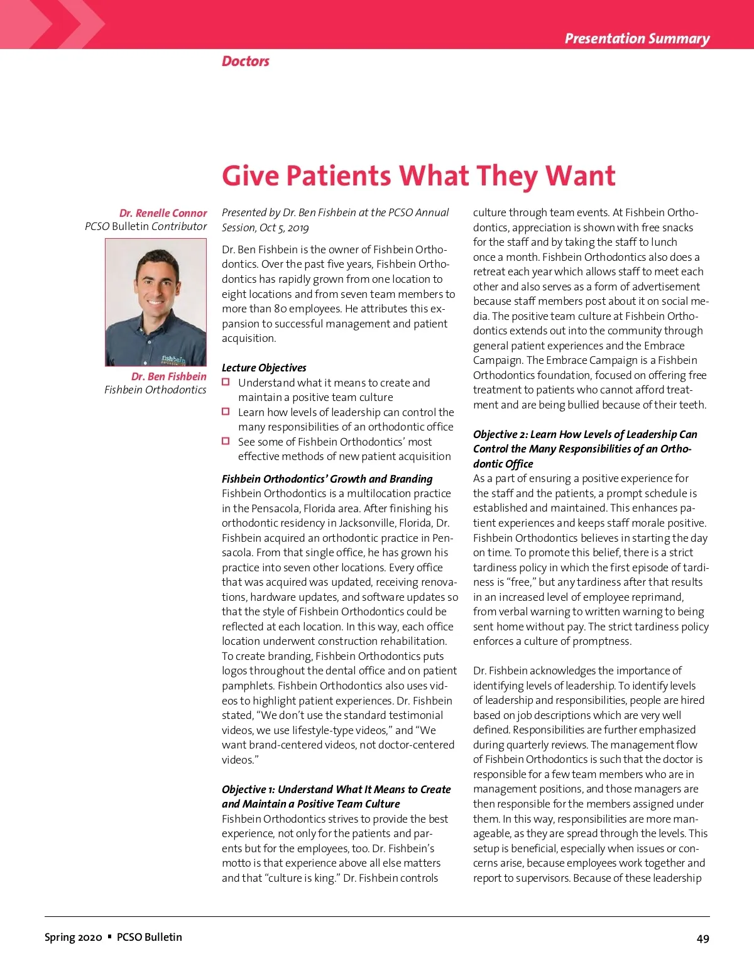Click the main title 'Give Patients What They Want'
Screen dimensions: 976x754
point(418,176)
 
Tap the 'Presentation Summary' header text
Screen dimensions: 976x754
point(637,38)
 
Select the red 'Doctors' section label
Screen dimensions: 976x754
point(245,61)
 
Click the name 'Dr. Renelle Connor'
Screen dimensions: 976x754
point(163,213)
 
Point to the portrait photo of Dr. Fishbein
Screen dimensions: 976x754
point(156,302)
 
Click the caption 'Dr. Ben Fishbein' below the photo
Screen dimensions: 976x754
point(168,376)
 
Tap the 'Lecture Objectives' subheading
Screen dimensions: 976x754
point(264,368)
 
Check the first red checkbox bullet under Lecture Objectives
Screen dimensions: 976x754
point(226,382)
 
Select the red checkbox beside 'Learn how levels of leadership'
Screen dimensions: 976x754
point(226,412)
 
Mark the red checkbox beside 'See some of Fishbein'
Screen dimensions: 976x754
point(226,441)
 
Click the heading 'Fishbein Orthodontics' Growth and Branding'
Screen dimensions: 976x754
point(327,479)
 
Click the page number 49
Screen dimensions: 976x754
point(702,938)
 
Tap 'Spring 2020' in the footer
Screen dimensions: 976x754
point(73,937)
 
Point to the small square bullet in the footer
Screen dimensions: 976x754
point(109,936)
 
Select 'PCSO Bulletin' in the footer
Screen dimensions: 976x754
point(150,937)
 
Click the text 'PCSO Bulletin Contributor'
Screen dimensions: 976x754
point(146,226)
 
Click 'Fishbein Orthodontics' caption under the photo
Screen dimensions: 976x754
point(155,390)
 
